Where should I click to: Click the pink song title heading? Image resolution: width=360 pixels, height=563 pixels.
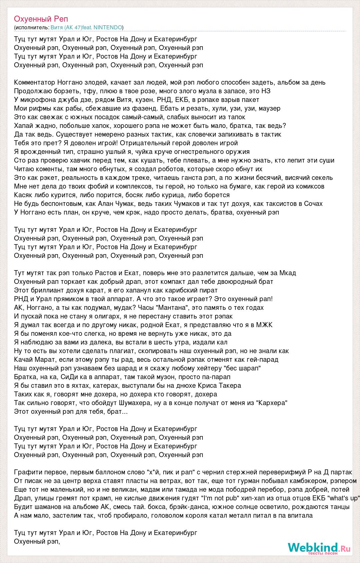[x=41, y=19]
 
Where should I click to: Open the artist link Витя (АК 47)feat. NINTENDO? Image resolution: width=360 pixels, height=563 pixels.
[x=86, y=27]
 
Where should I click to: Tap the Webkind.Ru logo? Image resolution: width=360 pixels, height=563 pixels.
[x=319, y=547]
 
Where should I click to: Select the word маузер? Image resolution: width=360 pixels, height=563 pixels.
[x=268, y=108]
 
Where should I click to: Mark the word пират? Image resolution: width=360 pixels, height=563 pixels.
[x=209, y=290]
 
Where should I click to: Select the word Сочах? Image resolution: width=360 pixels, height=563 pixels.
[x=313, y=204]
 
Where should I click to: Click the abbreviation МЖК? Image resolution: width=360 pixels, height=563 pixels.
[x=264, y=325]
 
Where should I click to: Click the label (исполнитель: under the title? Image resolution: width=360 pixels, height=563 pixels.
[x=32, y=27]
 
